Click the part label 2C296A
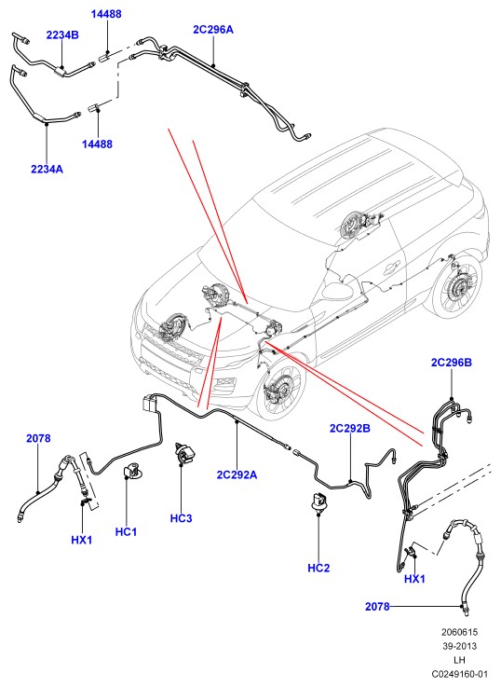213,29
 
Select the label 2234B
62,35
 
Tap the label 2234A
47,169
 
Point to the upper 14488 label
106,14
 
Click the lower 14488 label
97,144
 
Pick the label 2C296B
452,363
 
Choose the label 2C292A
237,474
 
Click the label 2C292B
349,428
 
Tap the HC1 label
126,532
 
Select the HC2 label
318,569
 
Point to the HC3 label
182,518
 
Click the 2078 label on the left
38,438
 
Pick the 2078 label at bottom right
377,607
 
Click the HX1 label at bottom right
414,579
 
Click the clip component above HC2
319,502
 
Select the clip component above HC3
183,453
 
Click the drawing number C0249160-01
459,673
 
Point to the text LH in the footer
459,659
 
